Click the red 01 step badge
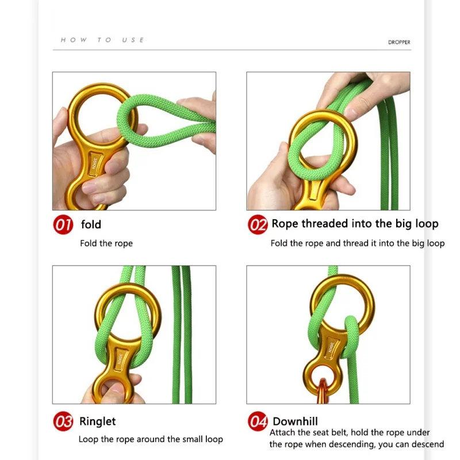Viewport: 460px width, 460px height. click(63, 224)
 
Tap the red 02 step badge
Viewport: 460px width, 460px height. click(258, 224)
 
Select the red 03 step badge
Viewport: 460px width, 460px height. click(63, 422)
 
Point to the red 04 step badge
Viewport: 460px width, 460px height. click(258, 422)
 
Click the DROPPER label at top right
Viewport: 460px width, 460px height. click(398, 43)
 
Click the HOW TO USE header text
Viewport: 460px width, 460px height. click(102, 40)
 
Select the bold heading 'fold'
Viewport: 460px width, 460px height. click(91, 224)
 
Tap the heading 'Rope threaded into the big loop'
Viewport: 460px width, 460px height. click(355, 224)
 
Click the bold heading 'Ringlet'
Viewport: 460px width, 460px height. click(98, 421)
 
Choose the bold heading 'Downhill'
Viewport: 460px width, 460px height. click(295, 421)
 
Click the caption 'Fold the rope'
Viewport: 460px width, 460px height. click(106, 243)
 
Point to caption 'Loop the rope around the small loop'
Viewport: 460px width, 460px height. click(151, 439)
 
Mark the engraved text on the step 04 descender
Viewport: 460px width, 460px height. click(330, 347)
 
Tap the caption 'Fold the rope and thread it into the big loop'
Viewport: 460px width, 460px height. click(357, 243)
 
